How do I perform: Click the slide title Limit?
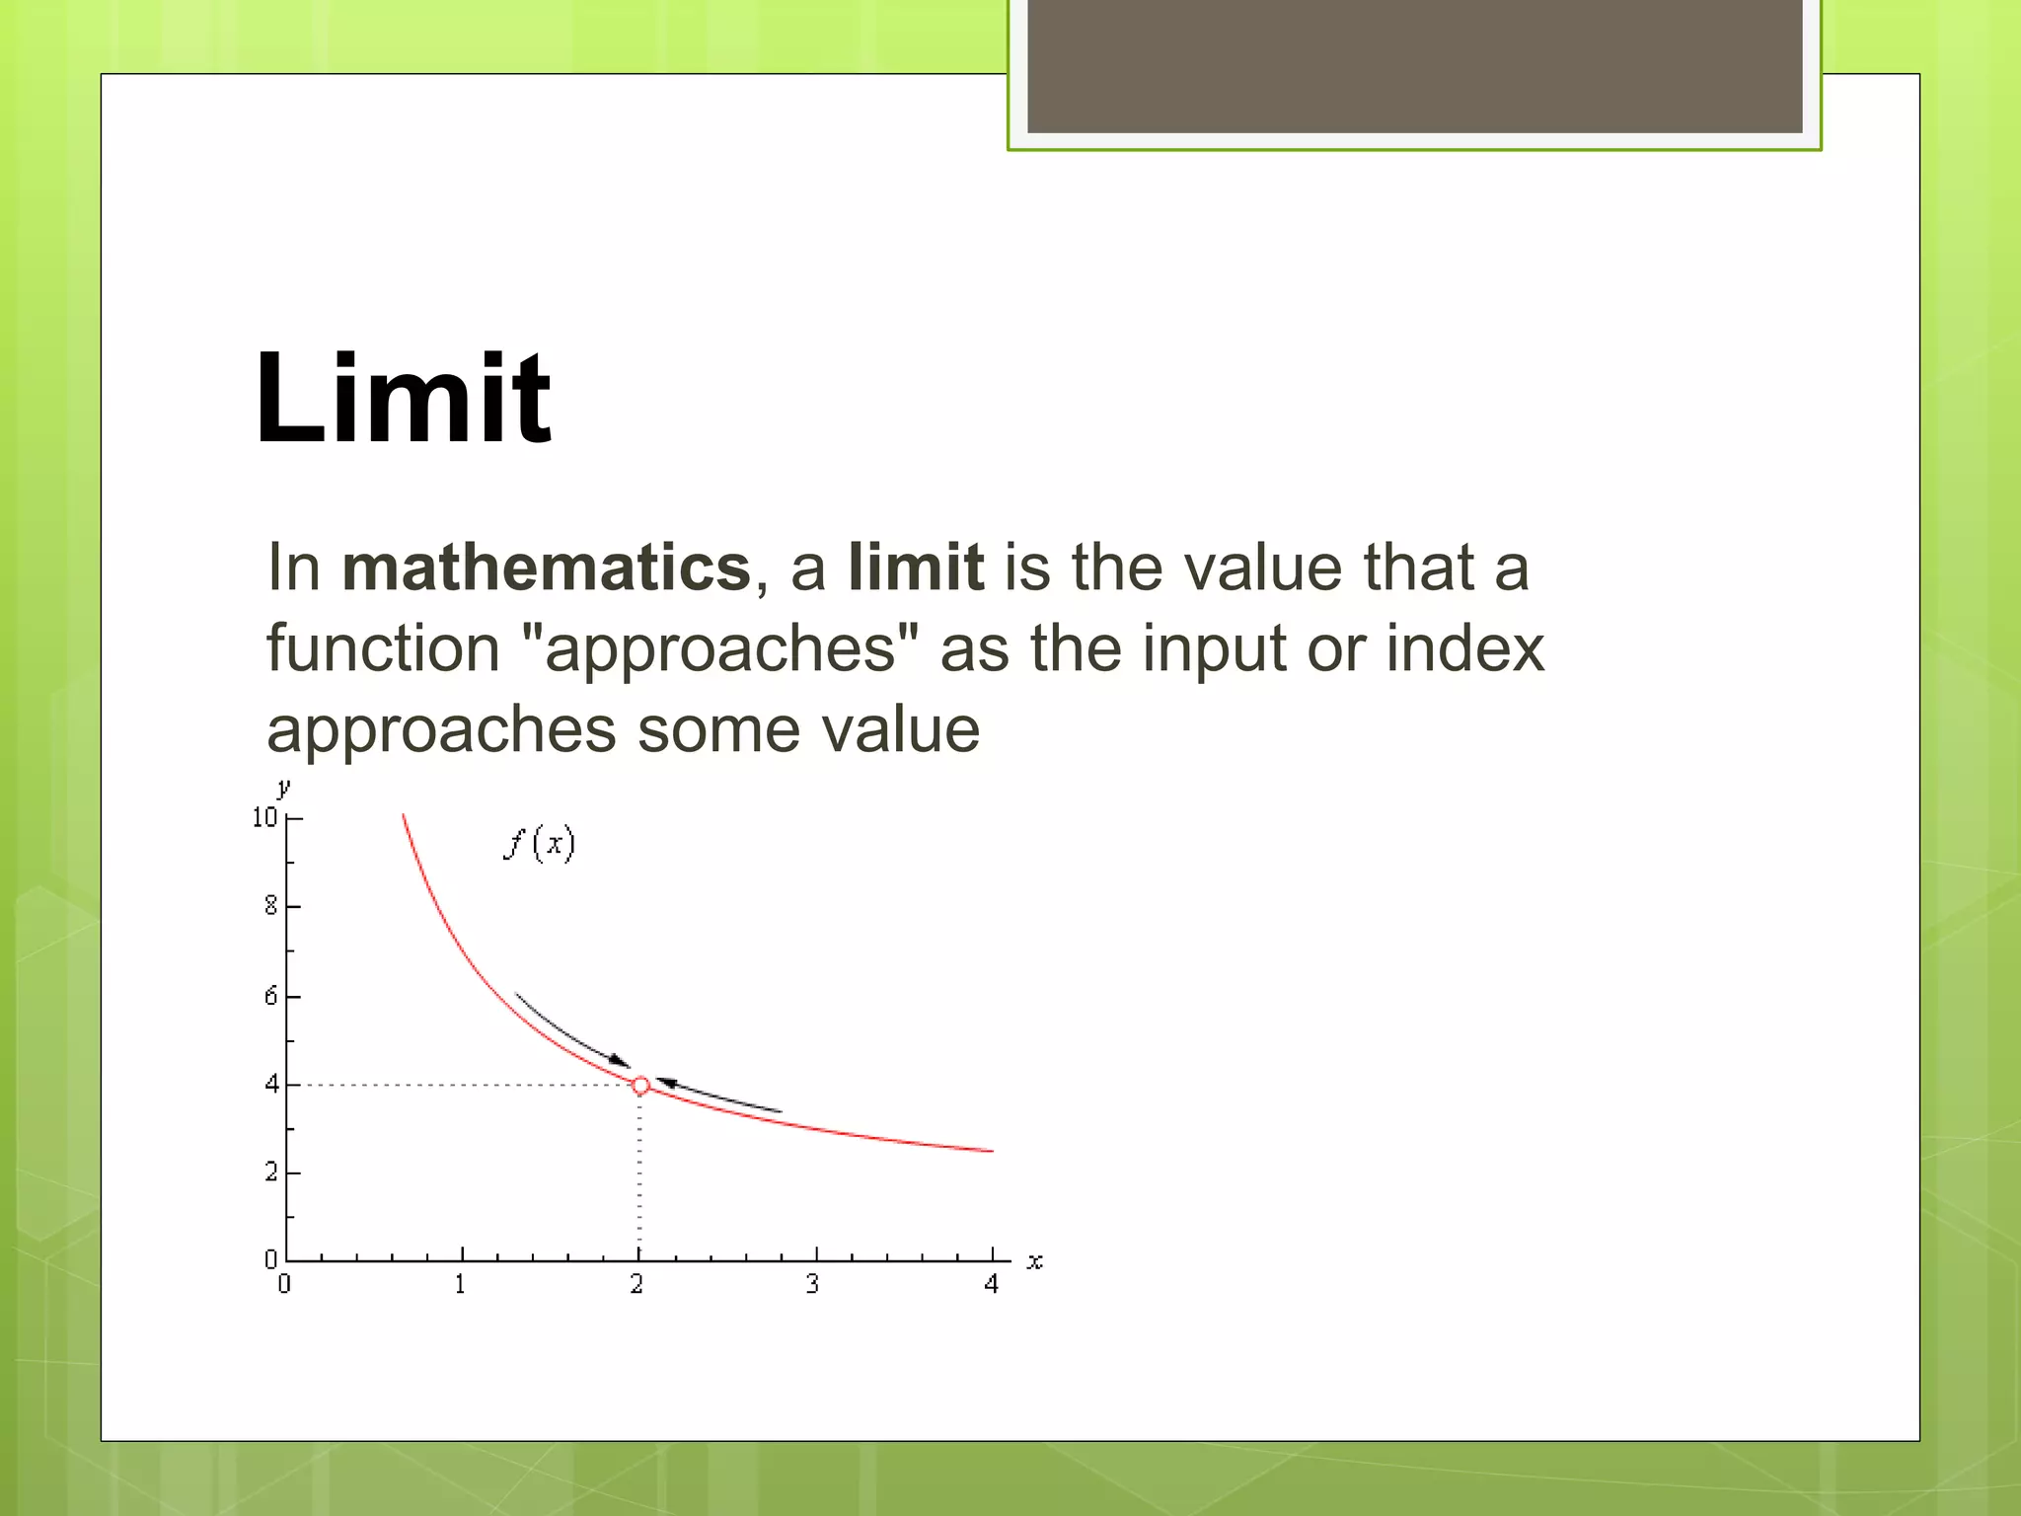point(402,399)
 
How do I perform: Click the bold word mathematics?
point(546,568)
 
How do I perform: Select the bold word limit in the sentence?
point(915,568)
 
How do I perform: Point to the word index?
point(1464,648)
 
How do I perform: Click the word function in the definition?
point(383,648)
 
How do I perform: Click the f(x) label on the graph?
point(539,844)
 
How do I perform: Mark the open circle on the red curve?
point(640,1086)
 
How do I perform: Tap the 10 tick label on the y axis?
point(264,817)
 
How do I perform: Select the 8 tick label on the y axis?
point(270,906)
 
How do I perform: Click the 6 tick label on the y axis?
point(270,996)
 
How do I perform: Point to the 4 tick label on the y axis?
point(271,1085)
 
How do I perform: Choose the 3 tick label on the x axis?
point(812,1284)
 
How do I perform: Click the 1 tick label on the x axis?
point(460,1284)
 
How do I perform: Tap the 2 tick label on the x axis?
point(637,1284)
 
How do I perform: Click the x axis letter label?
point(1034,1261)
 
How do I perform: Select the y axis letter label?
point(284,788)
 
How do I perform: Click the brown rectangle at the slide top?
point(1414,66)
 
